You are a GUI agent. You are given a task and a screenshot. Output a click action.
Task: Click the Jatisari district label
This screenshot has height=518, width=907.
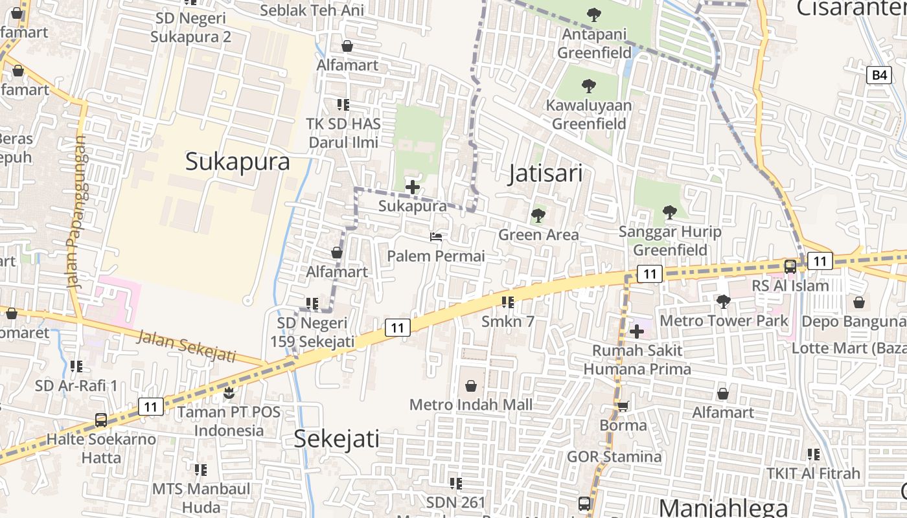[x=545, y=174]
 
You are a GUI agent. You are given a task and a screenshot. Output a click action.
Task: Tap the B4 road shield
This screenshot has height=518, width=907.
[x=878, y=75]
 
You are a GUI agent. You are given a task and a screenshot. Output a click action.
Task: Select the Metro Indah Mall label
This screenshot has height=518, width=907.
[x=471, y=405]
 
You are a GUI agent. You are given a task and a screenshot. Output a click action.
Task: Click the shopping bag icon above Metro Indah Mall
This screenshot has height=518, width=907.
[x=471, y=386]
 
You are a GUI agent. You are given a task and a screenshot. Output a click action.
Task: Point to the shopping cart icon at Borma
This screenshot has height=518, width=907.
[x=623, y=406]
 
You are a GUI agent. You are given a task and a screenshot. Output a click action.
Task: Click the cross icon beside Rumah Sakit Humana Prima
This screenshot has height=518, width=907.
[x=637, y=332]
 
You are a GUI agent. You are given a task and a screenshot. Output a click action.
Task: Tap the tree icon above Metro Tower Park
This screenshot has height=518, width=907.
[x=723, y=301]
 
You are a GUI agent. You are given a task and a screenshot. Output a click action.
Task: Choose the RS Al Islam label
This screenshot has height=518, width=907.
[x=790, y=286]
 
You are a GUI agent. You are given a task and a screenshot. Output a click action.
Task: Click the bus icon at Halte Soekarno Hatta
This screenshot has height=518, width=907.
[x=101, y=420]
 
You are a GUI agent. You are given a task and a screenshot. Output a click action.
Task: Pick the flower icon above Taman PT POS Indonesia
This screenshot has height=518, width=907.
[x=228, y=392]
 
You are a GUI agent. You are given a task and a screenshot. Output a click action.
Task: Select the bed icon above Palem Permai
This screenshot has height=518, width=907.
[x=436, y=238]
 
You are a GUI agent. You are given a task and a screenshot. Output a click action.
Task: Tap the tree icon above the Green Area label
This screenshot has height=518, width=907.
[x=538, y=215]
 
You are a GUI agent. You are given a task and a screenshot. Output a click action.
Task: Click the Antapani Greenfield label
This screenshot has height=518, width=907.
[x=594, y=43]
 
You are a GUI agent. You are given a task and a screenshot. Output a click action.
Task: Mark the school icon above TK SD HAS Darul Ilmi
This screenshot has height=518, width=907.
[x=343, y=104]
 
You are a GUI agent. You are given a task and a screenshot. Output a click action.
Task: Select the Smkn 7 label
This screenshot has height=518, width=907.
[x=508, y=321]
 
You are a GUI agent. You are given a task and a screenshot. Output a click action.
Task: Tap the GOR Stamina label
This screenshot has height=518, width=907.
[x=614, y=457]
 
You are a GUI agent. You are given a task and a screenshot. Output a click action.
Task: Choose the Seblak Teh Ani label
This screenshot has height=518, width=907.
[x=312, y=10]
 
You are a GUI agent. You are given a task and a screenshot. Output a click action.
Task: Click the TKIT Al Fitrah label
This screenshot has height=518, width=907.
[x=813, y=473]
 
